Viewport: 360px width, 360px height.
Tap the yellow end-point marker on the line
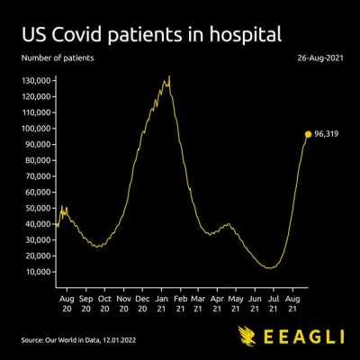[x=308, y=134]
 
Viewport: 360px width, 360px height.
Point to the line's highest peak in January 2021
[x=168, y=76]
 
